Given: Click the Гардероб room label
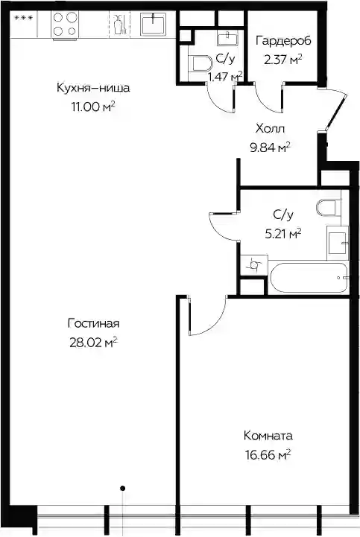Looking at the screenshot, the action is tap(283, 41).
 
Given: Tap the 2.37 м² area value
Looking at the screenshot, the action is tap(283, 60).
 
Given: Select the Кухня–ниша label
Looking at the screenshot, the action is tap(93, 88).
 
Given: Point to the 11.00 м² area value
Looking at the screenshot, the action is tap(93, 107).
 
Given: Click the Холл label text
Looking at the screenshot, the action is tap(270, 129).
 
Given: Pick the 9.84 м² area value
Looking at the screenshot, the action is tap(271, 147).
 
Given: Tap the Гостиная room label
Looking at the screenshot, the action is tap(94, 323).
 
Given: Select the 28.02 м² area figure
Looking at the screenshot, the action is tap(94, 342).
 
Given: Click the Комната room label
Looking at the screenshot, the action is tap(268, 436).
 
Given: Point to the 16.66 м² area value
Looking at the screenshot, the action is tap(268, 455).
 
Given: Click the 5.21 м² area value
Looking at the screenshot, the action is tap(283, 234).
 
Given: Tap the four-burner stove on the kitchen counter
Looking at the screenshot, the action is tap(65, 24).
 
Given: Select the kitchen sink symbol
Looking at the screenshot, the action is tap(154, 24).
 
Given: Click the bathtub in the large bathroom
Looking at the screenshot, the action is tap(309, 277).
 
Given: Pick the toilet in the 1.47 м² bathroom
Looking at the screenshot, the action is tap(200, 63).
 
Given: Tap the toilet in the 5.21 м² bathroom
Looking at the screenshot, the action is tap(329, 208).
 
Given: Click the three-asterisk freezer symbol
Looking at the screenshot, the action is tap(24, 18).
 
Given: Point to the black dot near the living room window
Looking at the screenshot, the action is tap(123, 488).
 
